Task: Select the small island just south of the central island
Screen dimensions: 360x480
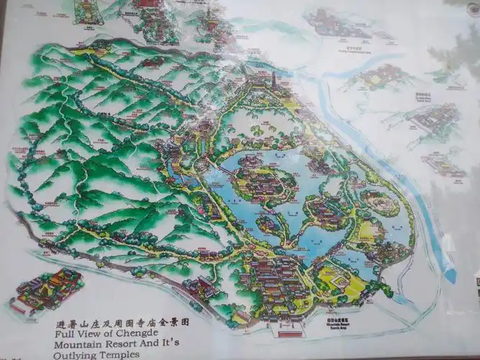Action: click(x=268, y=224)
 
